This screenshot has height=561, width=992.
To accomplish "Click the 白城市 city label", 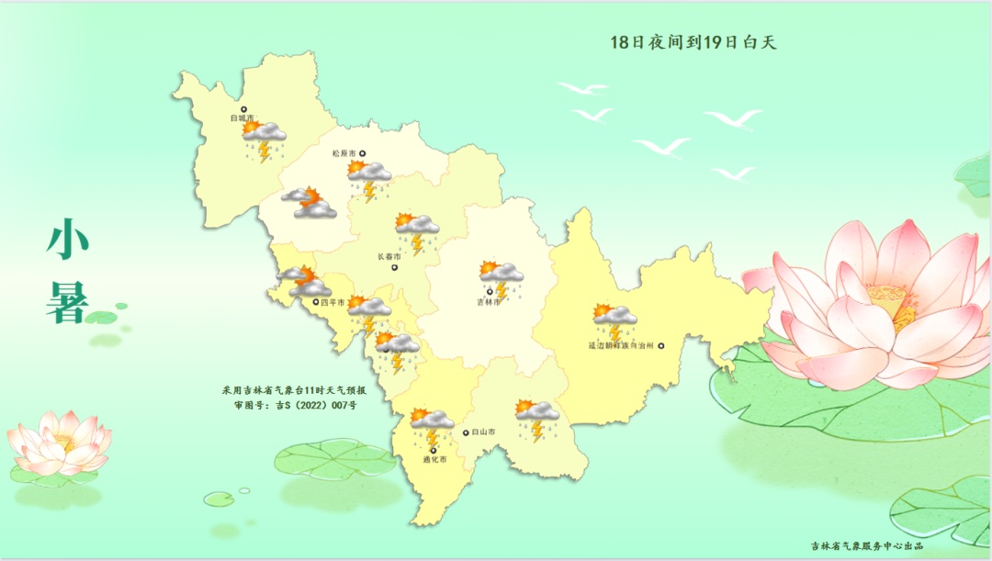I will pos(242,118).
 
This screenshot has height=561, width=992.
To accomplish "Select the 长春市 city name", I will pos(389,257).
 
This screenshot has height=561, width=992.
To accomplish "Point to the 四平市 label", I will pos(333,302).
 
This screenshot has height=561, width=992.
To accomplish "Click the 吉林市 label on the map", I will pos(489,302).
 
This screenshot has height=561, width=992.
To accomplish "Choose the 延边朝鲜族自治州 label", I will pos(620,346).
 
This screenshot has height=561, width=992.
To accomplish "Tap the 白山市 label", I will pos(483,432).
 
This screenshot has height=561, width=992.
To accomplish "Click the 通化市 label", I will pos(434,459).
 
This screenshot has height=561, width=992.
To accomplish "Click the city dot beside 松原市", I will pos(362,153).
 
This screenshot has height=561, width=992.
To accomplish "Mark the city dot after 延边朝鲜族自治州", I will pos(660,346).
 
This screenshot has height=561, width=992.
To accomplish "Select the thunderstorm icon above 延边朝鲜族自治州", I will pos(614,320).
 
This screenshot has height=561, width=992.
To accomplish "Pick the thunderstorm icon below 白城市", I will pos(264,140).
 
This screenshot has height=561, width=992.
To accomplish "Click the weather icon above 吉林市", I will pos(501,278).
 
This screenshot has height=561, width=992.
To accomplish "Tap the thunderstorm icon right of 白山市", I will pos(536,419).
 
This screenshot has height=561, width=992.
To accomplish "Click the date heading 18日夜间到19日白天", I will pos(693,42).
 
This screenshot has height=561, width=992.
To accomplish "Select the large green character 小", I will pos(68,241).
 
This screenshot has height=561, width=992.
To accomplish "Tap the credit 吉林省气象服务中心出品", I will pos(866,545).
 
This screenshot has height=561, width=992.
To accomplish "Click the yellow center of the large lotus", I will pos(891,303).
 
